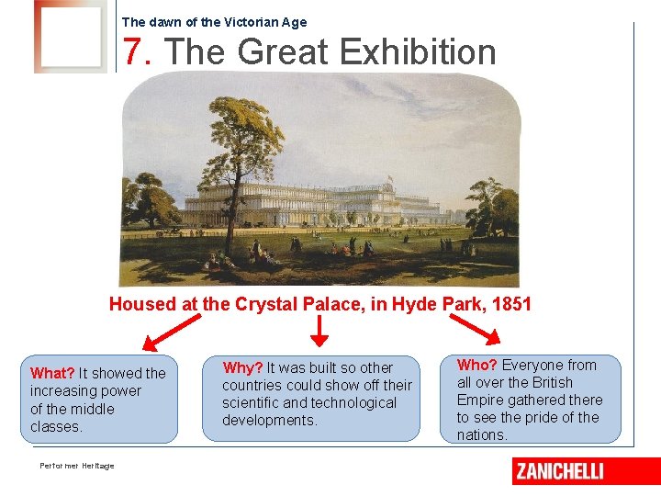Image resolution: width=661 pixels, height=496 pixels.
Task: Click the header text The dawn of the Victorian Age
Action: click(214, 22)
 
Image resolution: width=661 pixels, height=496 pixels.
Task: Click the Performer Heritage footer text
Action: click(77, 466)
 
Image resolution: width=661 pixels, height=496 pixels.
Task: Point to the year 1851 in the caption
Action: click(512, 304)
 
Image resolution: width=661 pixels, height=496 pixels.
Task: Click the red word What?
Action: click(52, 373)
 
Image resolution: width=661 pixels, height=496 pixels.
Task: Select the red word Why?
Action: click(243, 367)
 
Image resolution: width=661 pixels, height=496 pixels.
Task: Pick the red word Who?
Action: click(477, 365)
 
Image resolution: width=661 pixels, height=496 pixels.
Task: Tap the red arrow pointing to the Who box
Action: click(472, 332)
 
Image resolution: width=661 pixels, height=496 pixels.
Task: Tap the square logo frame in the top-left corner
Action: click(69, 36)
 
